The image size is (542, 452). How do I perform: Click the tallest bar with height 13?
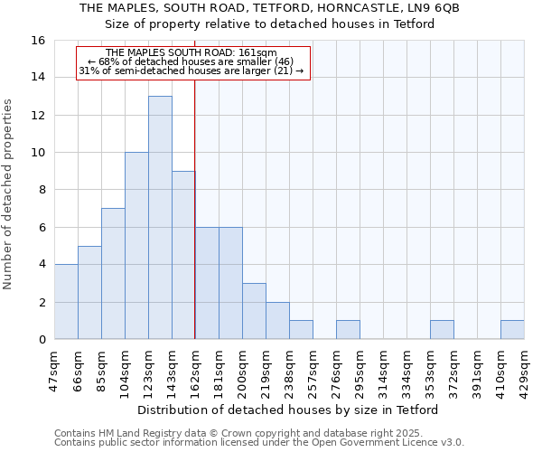(160, 218)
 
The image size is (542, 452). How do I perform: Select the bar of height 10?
(136, 246)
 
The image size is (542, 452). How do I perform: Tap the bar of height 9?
(183, 255)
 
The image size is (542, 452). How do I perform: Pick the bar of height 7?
(113, 274)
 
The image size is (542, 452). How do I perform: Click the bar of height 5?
(89, 293)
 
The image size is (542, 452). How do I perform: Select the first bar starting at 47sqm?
(66, 302)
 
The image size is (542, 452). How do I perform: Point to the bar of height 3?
(254, 312)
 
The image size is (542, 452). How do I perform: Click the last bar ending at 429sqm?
(512, 330)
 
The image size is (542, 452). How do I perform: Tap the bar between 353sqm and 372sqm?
(442, 330)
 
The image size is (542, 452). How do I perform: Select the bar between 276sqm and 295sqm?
(348, 330)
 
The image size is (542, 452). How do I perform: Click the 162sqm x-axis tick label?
(195, 370)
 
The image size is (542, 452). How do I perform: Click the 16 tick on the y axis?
(39, 41)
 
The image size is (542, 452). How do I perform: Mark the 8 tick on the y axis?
(42, 190)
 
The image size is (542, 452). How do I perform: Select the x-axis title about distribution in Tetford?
(289, 410)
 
